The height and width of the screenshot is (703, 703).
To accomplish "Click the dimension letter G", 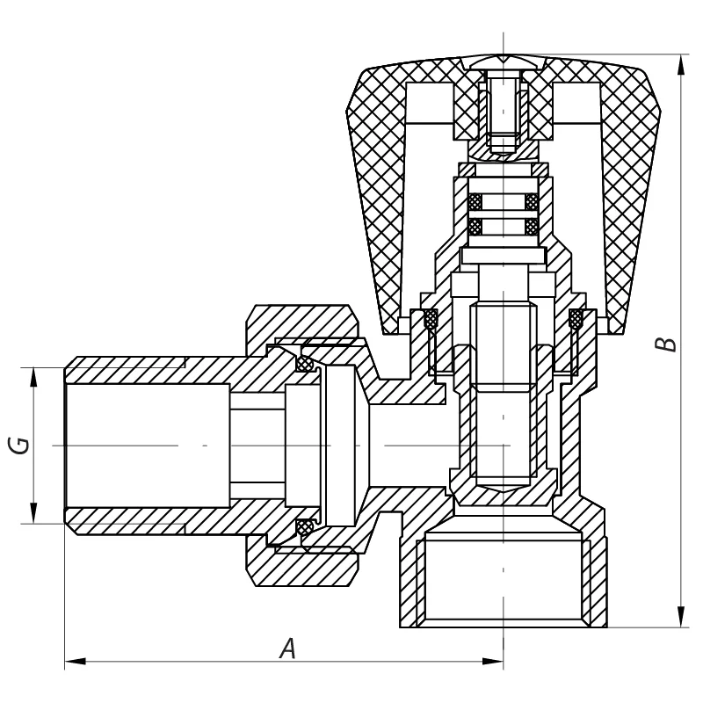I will (19, 445).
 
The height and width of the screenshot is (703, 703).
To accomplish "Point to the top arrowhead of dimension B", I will (682, 62).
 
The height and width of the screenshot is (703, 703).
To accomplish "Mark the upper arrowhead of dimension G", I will (34, 373).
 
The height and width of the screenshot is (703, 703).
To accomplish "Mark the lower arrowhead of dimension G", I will (34, 518).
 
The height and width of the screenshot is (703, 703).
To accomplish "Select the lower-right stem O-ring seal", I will (531, 227).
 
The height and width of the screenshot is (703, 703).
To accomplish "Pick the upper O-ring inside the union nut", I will (305, 363).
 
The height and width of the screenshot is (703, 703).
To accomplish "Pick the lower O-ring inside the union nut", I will (305, 526).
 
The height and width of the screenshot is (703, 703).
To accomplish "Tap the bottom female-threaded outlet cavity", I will (503, 580).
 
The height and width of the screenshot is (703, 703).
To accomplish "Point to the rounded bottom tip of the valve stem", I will (503, 488).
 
